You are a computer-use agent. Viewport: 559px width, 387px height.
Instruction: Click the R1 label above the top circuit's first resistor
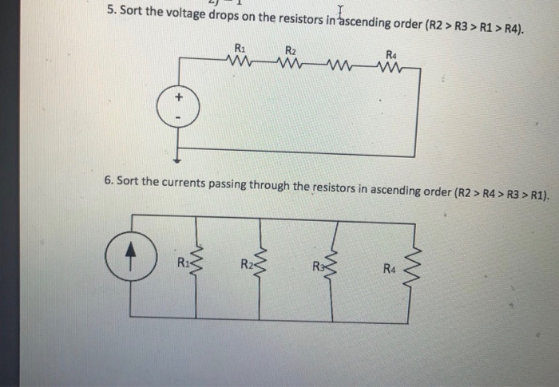[240, 46]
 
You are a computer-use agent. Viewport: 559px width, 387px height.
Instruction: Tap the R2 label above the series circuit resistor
[290, 49]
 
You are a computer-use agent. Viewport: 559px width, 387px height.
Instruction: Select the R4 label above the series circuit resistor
[391, 53]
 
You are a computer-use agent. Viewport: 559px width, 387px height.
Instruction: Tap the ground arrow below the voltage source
[179, 149]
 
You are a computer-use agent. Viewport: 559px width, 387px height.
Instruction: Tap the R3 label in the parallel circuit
[319, 265]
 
